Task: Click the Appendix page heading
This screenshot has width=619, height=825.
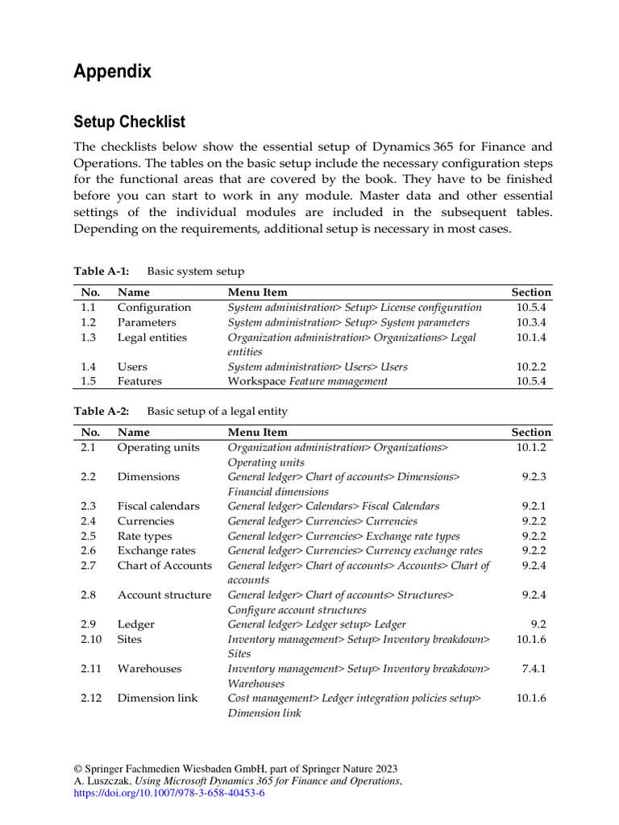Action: (x=112, y=72)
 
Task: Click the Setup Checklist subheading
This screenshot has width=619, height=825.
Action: (x=129, y=122)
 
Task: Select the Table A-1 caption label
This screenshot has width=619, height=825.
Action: (x=101, y=272)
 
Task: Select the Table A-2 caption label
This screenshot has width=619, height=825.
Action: (x=101, y=412)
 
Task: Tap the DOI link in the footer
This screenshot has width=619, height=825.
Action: (x=168, y=793)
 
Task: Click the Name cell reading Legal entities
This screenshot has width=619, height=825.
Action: (x=152, y=338)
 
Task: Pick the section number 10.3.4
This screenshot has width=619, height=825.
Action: (x=531, y=322)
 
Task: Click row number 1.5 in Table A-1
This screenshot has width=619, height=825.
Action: (x=88, y=381)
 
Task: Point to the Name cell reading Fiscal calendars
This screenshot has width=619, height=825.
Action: (x=158, y=506)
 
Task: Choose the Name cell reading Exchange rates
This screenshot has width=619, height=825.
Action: (x=156, y=550)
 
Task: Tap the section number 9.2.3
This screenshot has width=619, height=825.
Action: (x=534, y=477)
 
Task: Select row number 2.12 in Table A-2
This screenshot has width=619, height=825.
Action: (x=91, y=698)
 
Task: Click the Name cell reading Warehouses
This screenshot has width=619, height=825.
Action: (x=149, y=669)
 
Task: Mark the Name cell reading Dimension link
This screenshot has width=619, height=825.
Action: (x=157, y=698)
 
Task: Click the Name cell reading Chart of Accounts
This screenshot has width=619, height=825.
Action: (x=164, y=565)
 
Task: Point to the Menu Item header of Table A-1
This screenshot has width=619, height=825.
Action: (x=257, y=292)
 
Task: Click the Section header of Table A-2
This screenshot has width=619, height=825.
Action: (x=531, y=433)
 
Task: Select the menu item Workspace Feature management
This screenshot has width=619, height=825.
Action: (x=307, y=381)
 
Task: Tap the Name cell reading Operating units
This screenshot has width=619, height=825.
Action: (x=158, y=447)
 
